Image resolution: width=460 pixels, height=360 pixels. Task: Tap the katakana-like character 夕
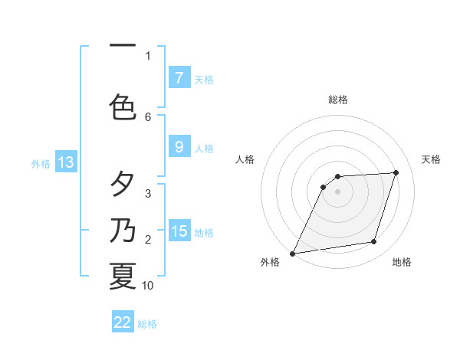tap(123, 185)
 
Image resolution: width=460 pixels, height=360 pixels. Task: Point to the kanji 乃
tap(123, 231)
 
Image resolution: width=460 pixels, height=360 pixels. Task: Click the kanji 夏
tap(123, 276)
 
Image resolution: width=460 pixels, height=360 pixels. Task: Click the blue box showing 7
tap(179, 77)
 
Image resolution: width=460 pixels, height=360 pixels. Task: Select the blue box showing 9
tap(179, 147)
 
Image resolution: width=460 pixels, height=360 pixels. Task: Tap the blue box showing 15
tap(179, 231)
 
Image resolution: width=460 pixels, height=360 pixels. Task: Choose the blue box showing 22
tap(123, 322)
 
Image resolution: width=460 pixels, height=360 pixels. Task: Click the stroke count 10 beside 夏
tap(148, 286)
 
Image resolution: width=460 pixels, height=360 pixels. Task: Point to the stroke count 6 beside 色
tap(148, 116)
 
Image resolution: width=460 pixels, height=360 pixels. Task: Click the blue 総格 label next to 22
tap(147, 324)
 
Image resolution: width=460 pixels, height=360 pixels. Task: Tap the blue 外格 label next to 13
tap(41, 163)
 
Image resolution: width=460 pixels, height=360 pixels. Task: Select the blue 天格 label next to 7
tap(204, 79)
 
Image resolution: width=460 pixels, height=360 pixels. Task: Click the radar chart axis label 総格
tap(338, 100)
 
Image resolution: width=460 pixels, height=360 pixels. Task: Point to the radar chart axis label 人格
tap(245, 159)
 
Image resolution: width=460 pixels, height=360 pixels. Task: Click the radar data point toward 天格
tap(396, 172)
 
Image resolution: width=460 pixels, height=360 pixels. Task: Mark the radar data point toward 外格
tap(292, 254)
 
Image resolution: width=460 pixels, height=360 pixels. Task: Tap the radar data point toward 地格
tap(374, 242)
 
